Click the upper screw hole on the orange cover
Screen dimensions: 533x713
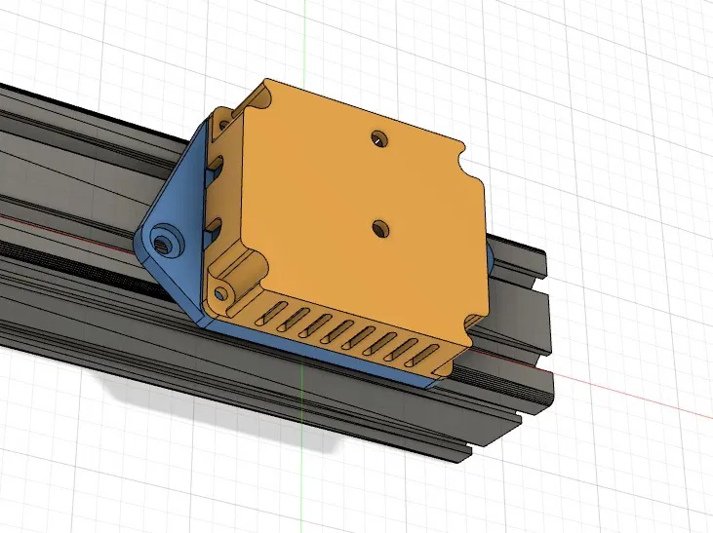tap(379, 139)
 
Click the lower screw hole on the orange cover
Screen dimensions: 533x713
tap(380, 228)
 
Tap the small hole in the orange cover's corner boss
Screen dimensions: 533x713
tap(225, 292)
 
